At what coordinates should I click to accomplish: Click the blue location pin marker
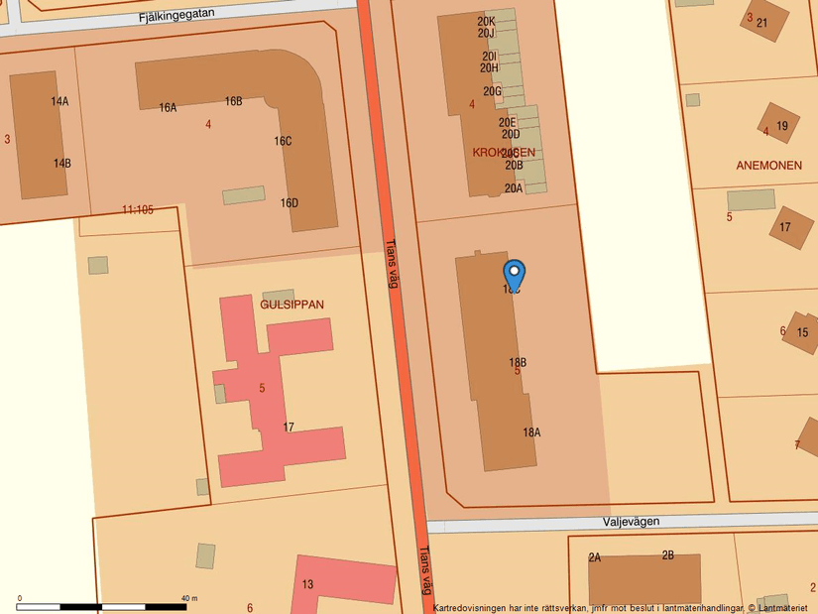click(514, 274)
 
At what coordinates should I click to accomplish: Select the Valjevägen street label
click(631, 522)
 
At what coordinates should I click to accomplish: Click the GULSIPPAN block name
click(292, 305)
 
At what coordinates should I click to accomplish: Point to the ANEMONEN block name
click(769, 165)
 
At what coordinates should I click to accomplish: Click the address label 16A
click(168, 107)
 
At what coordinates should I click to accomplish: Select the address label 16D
click(289, 203)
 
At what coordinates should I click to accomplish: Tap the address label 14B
click(62, 164)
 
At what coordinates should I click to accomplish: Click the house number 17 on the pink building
click(289, 428)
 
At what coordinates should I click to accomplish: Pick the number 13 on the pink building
click(307, 584)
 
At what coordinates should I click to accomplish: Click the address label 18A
click(531, 432)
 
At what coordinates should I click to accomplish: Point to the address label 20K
click(486, 21)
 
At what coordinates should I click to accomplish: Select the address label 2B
click(667, 555)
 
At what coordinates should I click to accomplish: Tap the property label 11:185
click(138, 209)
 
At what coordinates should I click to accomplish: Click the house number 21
click(761, 23)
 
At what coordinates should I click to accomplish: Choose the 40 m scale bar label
click(188, 598)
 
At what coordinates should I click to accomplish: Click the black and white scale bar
click(101, 606)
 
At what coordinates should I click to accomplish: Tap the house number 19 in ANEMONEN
click(782, 126)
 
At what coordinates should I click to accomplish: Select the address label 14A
click(60, 101)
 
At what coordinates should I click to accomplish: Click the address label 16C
click(283, 141)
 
